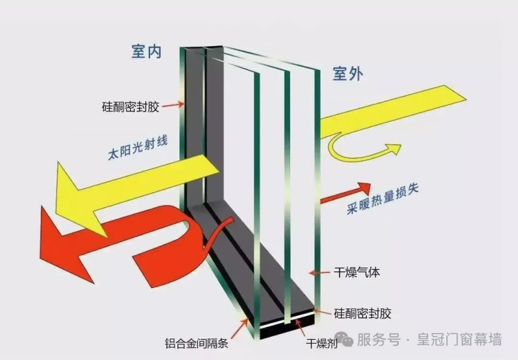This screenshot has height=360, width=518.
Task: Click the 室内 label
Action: click(147, 51)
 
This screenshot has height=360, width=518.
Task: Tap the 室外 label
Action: click(348, 74)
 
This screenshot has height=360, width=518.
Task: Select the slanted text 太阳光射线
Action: click(138, 148)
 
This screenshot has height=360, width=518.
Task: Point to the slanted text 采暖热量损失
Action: click(383, 199)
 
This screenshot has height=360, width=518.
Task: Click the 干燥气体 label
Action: click(357, 273)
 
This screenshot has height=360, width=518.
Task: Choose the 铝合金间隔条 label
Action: click(197, 343)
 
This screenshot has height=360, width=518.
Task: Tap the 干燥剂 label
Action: click(321, 343)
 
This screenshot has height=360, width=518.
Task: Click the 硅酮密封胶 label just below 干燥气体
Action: click(363, 313)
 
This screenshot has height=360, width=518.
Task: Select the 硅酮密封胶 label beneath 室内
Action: click(131, 107)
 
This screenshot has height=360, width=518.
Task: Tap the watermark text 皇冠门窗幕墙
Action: click(459, 339)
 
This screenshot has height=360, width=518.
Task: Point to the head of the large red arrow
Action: click(63, 243)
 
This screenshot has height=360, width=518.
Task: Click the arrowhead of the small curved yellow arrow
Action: click(394, 149)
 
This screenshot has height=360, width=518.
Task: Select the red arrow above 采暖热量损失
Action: click(345, 192)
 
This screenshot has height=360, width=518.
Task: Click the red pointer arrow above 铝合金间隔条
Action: click(240, 328)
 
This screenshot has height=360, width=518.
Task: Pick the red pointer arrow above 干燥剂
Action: click(300, 328)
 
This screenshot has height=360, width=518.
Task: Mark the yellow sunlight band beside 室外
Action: click(393, 111)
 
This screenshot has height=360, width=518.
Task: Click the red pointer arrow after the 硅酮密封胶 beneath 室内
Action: click(173, 105)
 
